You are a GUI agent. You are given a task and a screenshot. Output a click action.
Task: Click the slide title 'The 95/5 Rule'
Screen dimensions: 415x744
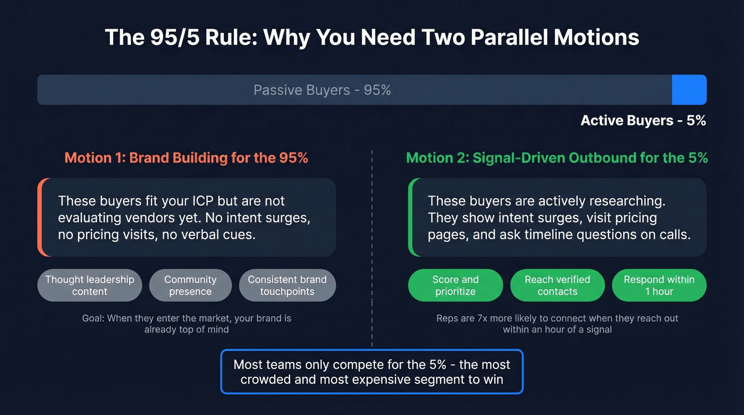371,38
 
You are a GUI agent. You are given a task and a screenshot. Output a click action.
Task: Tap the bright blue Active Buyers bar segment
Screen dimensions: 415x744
689,90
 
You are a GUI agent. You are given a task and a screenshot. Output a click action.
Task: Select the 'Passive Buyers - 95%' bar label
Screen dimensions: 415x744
322,90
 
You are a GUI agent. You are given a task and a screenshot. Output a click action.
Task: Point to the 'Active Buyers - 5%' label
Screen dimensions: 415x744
643,121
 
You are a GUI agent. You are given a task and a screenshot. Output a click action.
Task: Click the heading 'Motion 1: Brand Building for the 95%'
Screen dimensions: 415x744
186,158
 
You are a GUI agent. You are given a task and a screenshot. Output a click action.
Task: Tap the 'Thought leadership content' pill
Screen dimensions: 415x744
90,285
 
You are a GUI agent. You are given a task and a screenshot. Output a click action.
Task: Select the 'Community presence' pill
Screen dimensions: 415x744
190,285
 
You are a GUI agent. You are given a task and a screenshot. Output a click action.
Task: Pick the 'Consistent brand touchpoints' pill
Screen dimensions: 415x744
287,285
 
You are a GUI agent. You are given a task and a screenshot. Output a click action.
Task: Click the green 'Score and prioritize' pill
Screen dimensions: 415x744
455,285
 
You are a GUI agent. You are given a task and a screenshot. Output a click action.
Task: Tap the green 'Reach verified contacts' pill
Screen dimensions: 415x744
557,285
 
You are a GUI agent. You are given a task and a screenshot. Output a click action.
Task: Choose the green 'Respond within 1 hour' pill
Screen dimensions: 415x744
659,285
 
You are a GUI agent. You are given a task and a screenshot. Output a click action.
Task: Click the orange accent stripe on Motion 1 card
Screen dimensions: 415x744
39,217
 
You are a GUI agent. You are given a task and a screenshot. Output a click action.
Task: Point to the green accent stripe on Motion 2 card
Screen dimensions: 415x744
410,217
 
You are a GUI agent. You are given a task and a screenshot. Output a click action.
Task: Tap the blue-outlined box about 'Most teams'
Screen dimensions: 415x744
371,371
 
